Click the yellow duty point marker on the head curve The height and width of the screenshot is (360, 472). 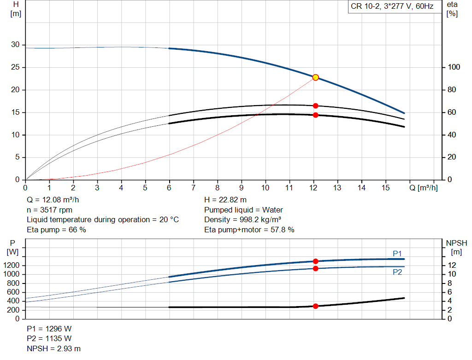click(x=315, y=77)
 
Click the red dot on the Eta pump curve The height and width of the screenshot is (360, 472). click(x=315, y=106)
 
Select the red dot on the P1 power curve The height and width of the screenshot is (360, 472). click(x=315, y=261)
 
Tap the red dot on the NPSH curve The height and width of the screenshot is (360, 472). click(x=315, y=306)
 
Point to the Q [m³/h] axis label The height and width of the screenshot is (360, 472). click(x=423, y=188)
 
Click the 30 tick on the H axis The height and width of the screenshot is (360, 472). click(x=16, y=45)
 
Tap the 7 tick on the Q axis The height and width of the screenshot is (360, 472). click(x=193, y=188)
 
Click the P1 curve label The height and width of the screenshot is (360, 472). click(x=397, y=254)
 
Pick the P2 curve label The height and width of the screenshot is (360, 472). click(x=397, y=272)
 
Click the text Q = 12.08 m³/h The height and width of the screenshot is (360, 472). click(x=56, y=200)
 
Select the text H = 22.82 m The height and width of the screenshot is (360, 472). click(x=225, y=200)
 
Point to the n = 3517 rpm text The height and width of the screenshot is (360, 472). click(x=50, y=210)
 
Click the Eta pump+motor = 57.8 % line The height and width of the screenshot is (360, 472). click(x=249, y=230)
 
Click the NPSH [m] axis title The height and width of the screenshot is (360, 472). click(x=456, y=247)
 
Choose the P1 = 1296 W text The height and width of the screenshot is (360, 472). click(x=49, y=329)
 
